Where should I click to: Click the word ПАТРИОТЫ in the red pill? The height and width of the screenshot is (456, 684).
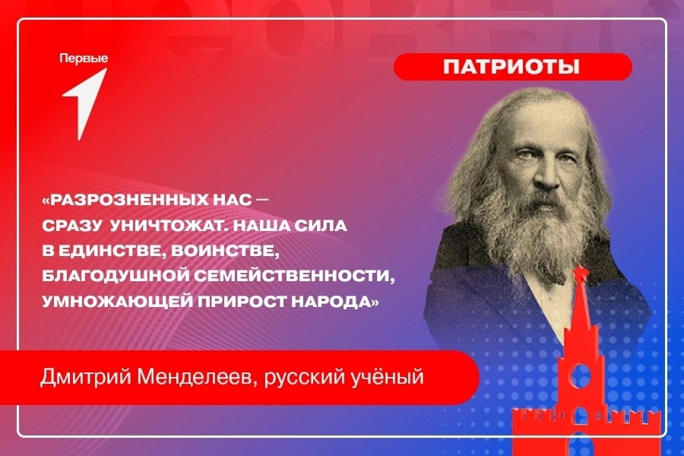[511, 67]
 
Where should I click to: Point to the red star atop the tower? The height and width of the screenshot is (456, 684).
[580, 274]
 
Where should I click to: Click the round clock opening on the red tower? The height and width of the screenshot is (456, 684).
[581, 375]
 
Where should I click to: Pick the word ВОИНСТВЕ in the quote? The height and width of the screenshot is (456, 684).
[225, 252]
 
